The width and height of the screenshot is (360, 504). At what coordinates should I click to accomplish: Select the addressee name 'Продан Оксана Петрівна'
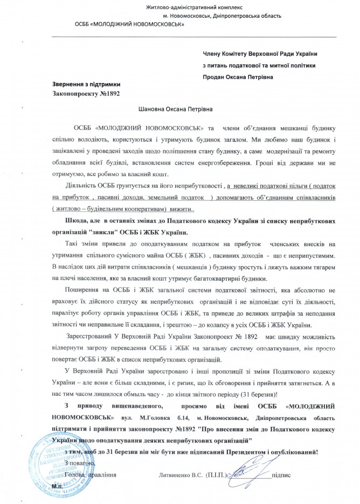point(238,76)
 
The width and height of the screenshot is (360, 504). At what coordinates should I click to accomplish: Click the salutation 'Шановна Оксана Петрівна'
point(174,109)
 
